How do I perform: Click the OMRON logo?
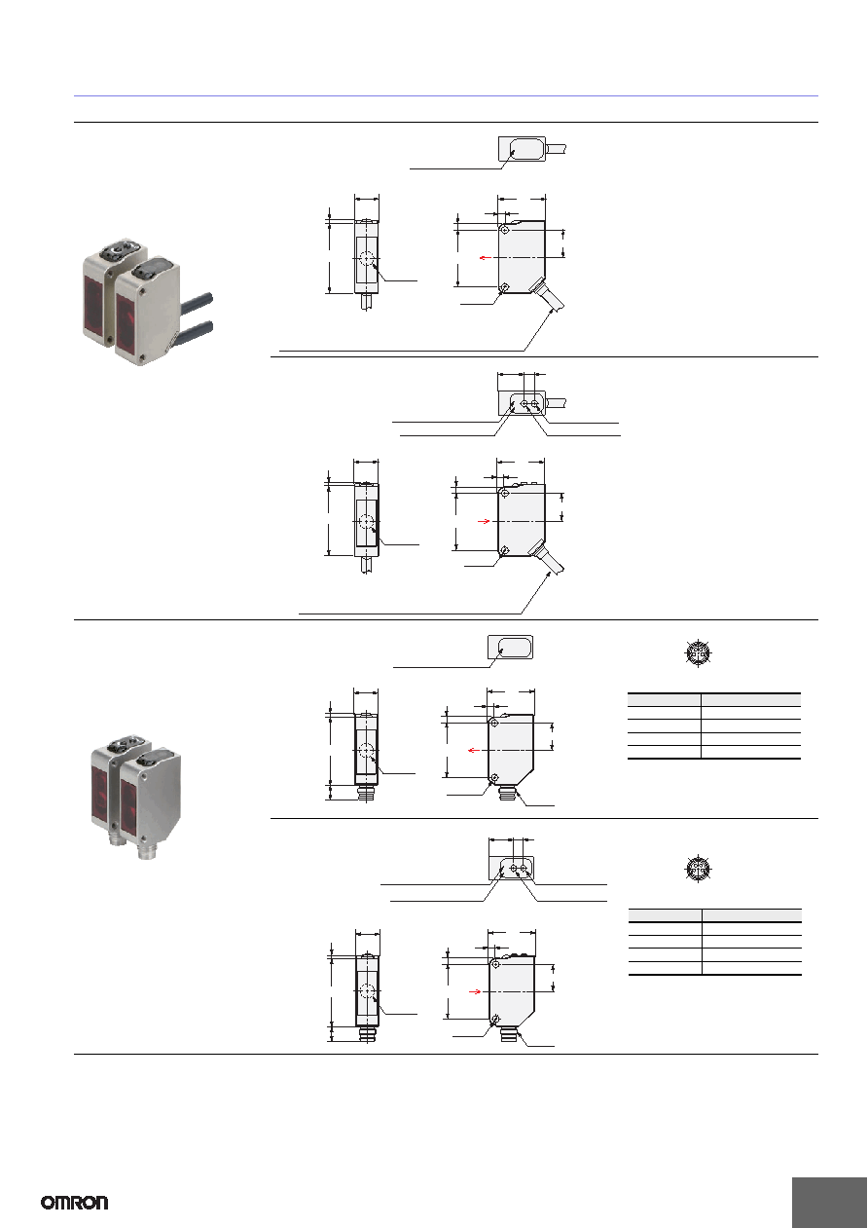[75, 1203]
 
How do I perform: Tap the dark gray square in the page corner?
[829, 1201]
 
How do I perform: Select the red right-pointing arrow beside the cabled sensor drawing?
[483, 521]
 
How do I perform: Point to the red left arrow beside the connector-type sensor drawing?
[474, 750]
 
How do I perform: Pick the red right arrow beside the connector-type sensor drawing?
[475, 991]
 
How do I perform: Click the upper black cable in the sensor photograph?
[197, 300]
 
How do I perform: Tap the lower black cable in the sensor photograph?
[195, 330]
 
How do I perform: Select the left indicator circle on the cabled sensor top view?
[524, 404]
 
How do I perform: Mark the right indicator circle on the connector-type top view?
[524, 869]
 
